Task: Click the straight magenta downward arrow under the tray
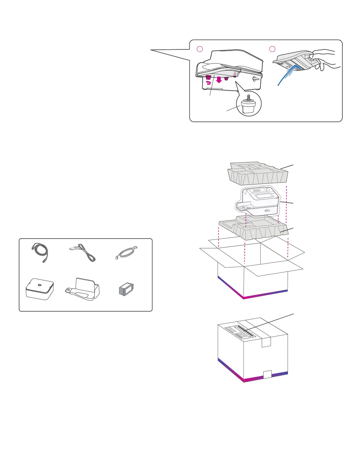pyautogui.click(x=219, y=80)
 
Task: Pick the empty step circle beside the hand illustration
pyautogui.click(x=272, y=49)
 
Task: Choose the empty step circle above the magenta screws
pyautogui.click(x=199, y=49)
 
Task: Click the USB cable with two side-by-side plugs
pyautogui.click(x=82, y=254)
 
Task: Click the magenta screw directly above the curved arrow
pyautogui.click(x=208, y=77)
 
